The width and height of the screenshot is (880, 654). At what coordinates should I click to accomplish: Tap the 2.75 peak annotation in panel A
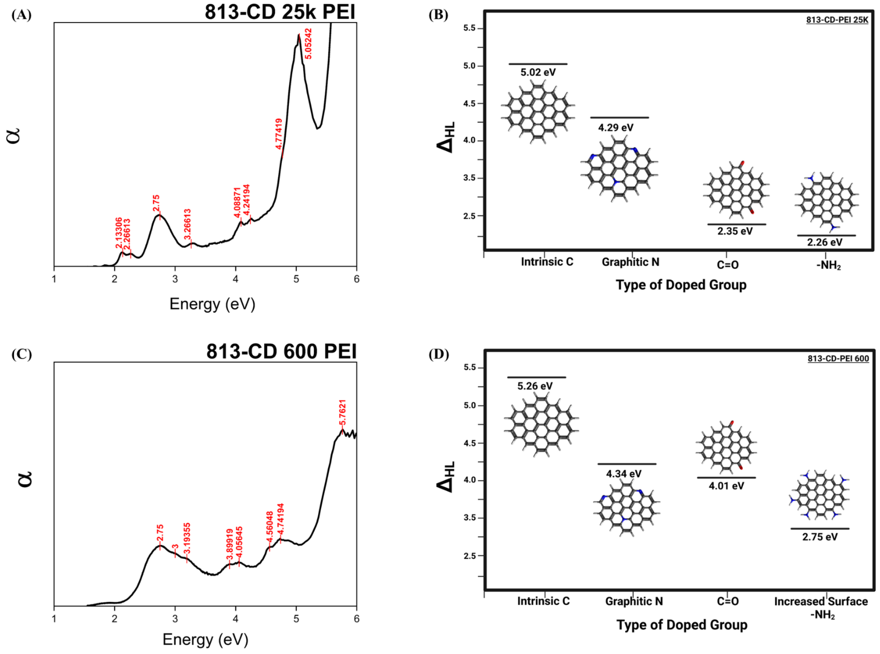click(x=156, y=203)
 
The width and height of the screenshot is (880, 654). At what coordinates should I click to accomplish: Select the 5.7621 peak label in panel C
click(x=343, y=413)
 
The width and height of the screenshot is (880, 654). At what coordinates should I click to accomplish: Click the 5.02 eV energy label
click(x=538, y=73)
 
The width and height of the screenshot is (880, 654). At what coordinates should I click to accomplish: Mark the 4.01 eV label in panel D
click(x=726, y=486)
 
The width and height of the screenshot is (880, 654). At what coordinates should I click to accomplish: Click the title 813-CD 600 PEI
click(x=281, y=352)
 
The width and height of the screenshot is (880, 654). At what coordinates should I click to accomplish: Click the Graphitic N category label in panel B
click(x=630, y=262)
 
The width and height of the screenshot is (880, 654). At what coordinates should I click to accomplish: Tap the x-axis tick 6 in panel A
click(x=356, y=279)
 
